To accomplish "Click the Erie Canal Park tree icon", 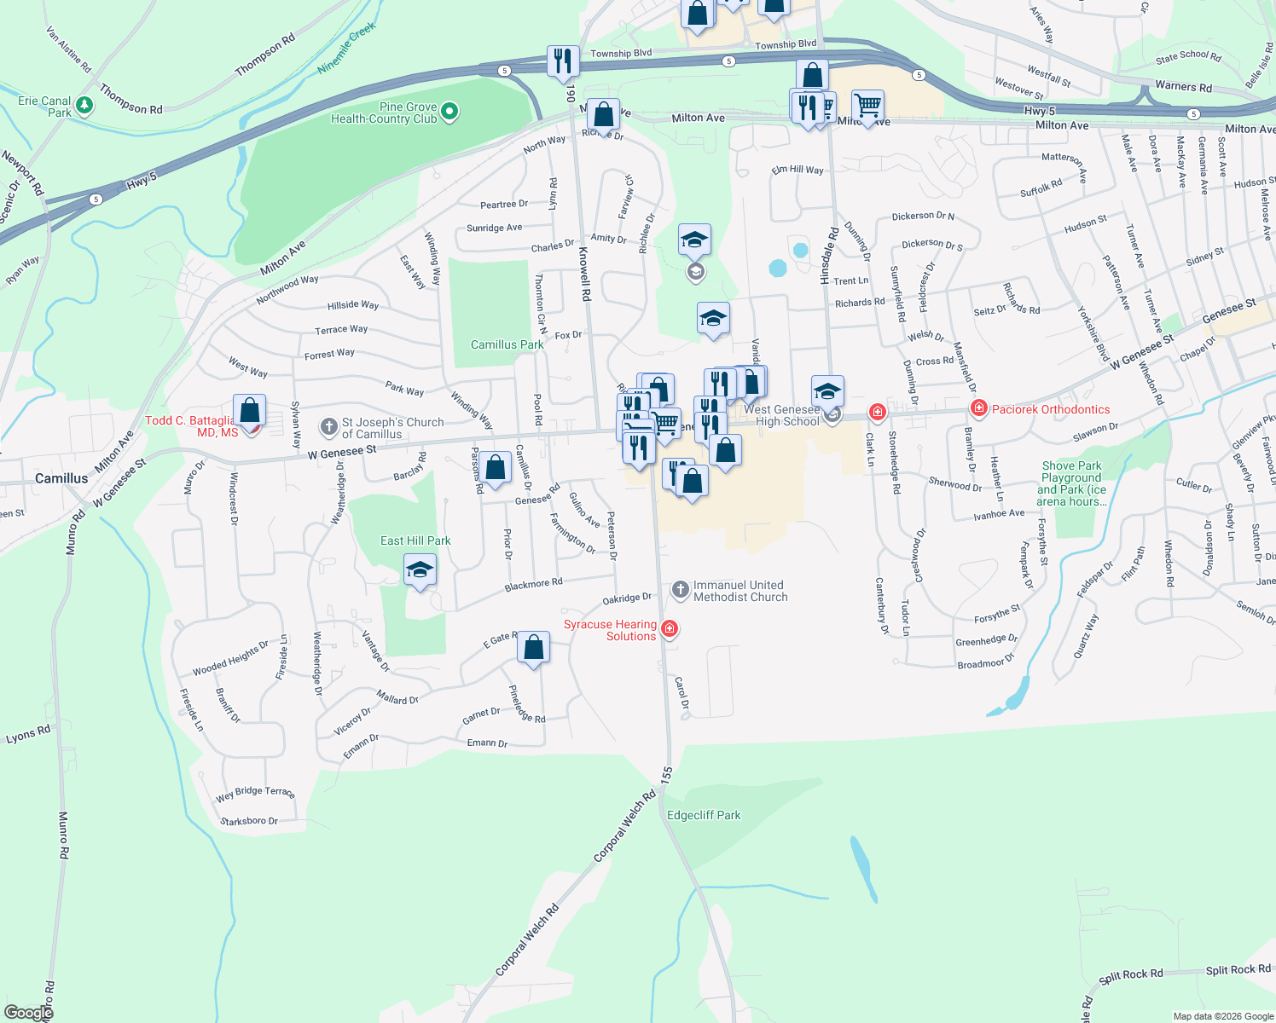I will click(84, 106).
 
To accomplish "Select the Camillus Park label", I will click(507, 344).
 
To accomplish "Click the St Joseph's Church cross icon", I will click(328, 426).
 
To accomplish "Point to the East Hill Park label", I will click(415, 540).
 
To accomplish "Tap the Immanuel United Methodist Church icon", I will click(680, 589).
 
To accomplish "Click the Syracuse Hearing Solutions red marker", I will click(670, 629).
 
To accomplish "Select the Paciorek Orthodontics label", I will click(1051, 409).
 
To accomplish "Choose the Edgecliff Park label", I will click(704, 815).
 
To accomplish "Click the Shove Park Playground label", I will click(1071, 483).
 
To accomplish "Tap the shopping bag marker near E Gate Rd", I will click(533, 649).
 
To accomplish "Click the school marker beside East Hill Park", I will click(420, 570).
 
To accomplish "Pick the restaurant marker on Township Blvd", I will click(563, 61).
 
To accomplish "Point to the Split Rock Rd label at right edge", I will click(1238, 969).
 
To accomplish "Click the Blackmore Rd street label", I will click(533, 585).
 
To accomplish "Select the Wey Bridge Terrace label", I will click(255, 793).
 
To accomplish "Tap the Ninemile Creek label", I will click(346, 49).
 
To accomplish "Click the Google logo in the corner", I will click(28, 1013).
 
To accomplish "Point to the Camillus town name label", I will click(61, 478).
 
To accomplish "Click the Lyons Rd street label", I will click(28, 734).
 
